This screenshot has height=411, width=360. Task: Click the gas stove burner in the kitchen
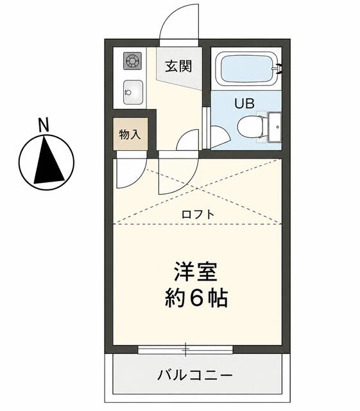point(132,61)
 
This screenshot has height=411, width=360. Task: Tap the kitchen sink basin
point(133,92)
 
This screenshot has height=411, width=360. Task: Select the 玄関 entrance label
point(178,66)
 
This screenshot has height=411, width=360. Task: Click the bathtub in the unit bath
point(246,69)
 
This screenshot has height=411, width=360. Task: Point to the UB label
point(244,103)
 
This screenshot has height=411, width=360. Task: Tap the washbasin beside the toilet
point(275,127)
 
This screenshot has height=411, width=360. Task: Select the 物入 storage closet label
point(130,134)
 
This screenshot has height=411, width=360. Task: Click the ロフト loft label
point(198,214)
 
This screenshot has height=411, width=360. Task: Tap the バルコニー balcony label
point(195,375)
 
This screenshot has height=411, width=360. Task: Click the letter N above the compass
point(44,125)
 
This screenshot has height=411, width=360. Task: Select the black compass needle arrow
point(49,159)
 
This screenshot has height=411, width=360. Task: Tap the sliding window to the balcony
point(185,349)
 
